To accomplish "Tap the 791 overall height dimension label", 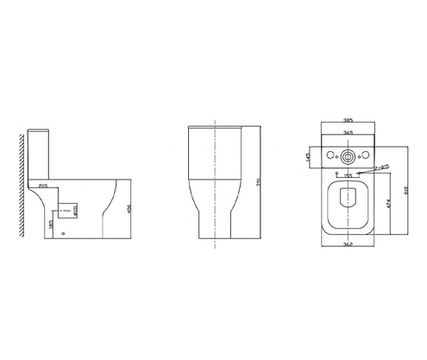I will (261, 182).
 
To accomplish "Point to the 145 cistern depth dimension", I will (309, 157).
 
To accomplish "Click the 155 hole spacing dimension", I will (349, 176).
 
